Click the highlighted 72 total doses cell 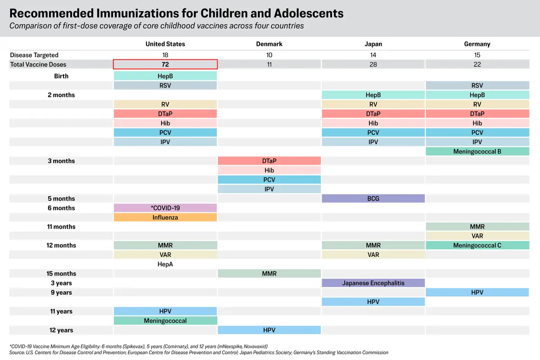[x=165, y=64]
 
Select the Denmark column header [x=269, y=44]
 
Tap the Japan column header [x=373, y=44]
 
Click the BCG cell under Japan [x=373, y=198]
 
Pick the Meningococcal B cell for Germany [x=477, y=152]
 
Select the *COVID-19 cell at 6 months [x=165, y=208]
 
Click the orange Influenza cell [x=165, y=217]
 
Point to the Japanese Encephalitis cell [x=373, y=283]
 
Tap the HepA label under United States [x=165, y=264]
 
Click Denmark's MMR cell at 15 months [x=269, y=274]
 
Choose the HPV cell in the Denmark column [x=269, y=330]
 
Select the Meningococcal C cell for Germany [x=477, y=245]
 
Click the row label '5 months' [x=61, y=198]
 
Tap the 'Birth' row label [x=61, y=76]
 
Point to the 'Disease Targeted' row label [x=34, y=55]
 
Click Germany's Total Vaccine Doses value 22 [x=477, y=64]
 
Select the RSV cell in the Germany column [x=477, y=85]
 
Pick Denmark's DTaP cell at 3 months [x=269, y=161]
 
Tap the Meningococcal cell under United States [x=165, y=321]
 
